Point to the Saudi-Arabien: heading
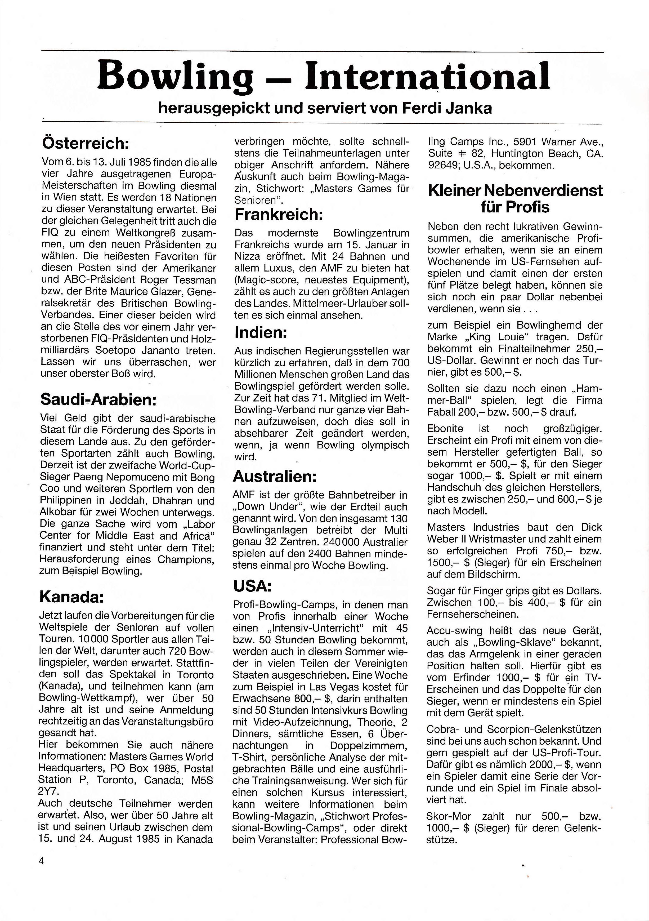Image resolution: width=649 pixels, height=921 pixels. tap(98, 399)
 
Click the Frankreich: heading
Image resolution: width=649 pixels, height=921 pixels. tap(278, 215)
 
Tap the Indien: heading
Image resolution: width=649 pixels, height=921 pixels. tap(261, 332)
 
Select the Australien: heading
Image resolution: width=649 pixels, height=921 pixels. tap(275, 476)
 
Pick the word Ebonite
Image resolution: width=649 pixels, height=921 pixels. tap(445, 428)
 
